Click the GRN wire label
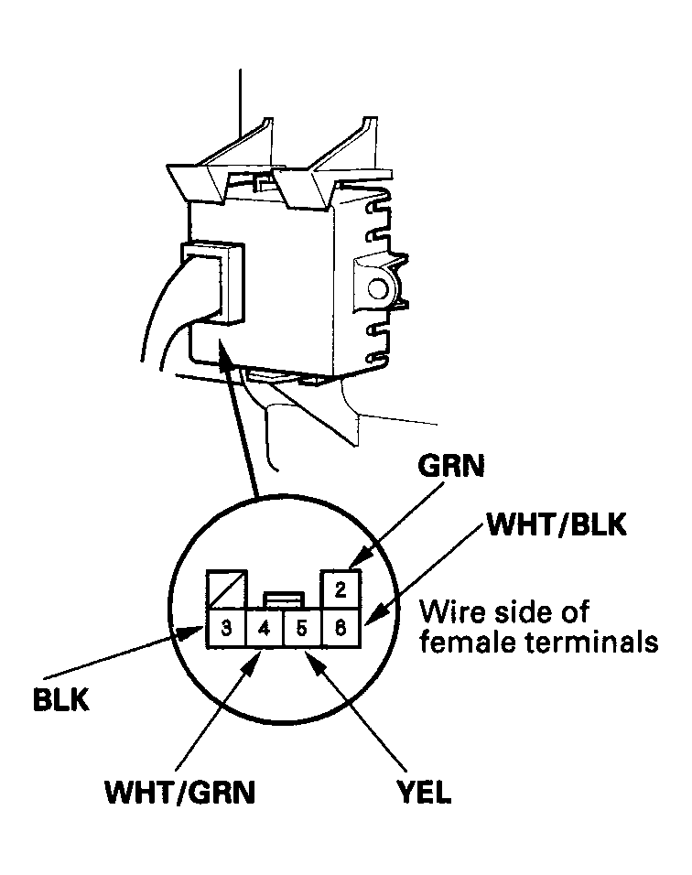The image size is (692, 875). (x=452, y=467)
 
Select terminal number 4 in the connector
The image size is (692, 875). (x=264, y=630)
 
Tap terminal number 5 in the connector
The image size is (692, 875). (x=302, y=630)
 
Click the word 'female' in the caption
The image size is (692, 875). (x=460, y=642)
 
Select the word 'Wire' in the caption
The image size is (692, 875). (x=449, y=610)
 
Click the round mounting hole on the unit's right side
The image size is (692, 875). (x=376, y=290)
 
